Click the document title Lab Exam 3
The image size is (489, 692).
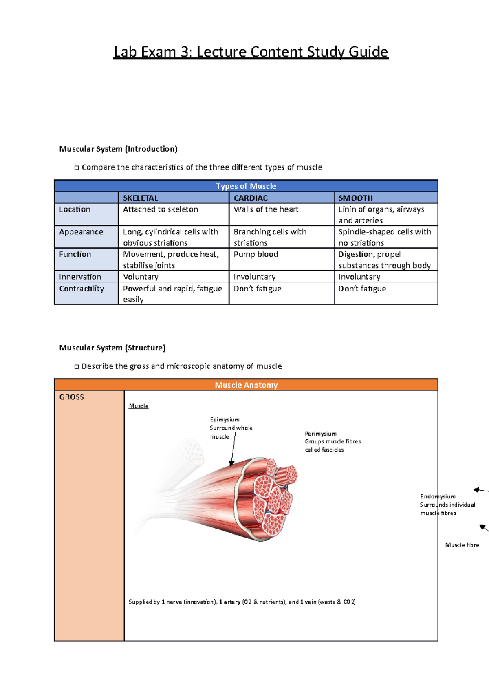(251, 52)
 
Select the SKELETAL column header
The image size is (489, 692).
(141, 198)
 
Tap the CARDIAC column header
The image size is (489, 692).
(251, 198)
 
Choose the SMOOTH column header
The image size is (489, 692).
(355, 198)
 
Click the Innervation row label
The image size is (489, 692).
(80, 277)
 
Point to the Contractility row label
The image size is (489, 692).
(81, 289)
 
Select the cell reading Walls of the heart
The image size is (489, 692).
(266, 209)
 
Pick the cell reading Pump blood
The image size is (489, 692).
(256, 254)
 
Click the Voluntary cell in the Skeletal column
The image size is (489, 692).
(141, 277)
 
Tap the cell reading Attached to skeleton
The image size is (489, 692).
(161, 209)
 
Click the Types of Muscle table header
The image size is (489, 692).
(246, 186)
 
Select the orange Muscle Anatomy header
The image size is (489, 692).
(246, 385)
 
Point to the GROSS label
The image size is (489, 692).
(72, 397)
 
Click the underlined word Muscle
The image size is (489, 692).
(139, 406)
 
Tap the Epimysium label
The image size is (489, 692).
(225, 419)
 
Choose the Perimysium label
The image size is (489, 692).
(321, 434)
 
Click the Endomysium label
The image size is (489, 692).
(438, 496)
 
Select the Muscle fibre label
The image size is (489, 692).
(462, 545)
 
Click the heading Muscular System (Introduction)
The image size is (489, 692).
(118, 149)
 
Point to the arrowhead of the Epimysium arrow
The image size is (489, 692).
(231, 464)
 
